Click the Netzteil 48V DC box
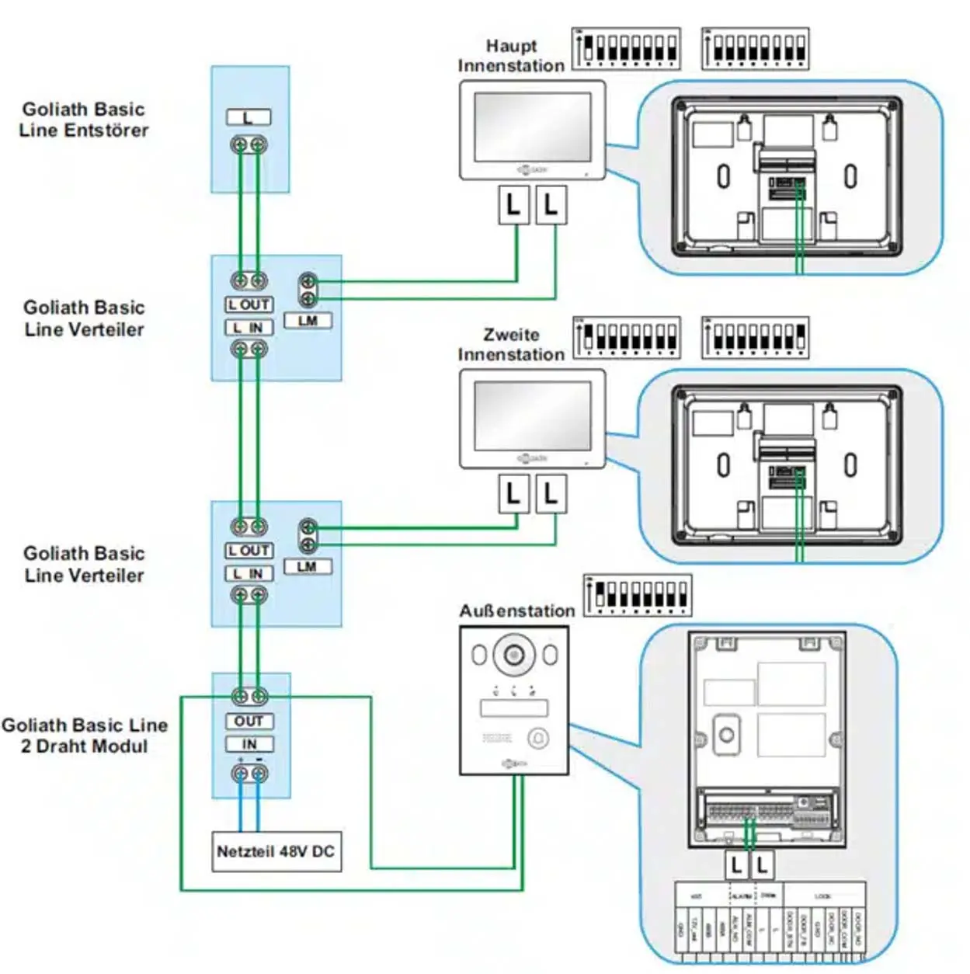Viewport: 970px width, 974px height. [276, 851]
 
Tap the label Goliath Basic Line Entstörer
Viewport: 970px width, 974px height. [84, 120]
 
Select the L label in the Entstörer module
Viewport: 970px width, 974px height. [249, 117]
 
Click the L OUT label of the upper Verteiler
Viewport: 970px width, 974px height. [249, 304]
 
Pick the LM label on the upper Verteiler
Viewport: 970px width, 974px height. [308, 321]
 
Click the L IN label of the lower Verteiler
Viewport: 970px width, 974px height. [249, 573]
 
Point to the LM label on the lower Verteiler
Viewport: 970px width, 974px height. [308, 566]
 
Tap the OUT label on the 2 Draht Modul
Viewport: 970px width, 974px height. [249, 721]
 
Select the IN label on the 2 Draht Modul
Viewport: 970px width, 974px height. [249, 744]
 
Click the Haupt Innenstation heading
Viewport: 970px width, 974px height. [511, 56]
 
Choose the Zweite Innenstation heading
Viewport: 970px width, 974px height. [511, 344]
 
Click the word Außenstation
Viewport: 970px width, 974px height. [516, 611]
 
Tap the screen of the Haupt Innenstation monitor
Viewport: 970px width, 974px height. [532, 127]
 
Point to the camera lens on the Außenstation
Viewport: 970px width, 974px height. [513, 655]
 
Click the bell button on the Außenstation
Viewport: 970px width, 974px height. [538, 737]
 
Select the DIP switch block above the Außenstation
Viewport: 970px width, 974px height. [638, 596]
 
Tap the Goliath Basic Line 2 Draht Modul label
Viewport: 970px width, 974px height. [84, 736]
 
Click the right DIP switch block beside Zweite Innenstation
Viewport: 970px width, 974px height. [755, 338]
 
